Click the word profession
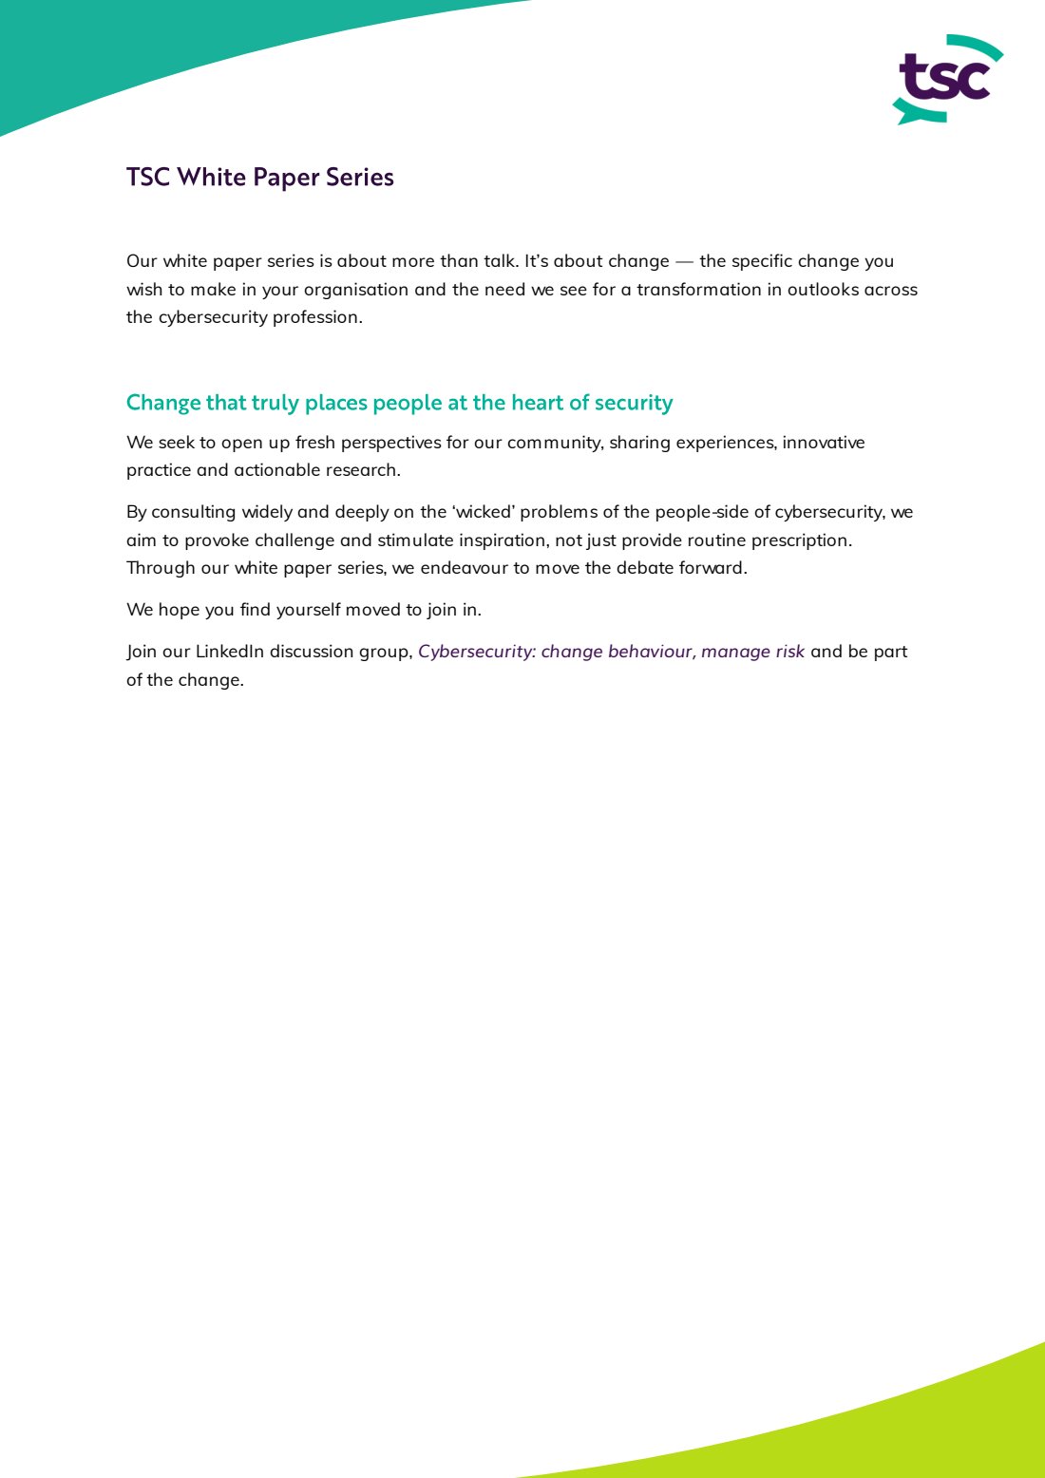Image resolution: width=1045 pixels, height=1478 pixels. (x=316, y=317)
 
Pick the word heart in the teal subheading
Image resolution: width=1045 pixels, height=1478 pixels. (x=537, y=403)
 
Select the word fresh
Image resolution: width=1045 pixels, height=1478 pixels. (x=315, y=443)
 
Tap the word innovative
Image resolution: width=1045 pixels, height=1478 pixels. (x=823, y=443)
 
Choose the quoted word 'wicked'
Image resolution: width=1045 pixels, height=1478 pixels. (x=484, y=512)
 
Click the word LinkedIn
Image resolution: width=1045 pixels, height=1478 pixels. (x=229, y=652)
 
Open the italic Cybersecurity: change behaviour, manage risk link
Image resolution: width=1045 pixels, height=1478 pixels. (x=611, y=652)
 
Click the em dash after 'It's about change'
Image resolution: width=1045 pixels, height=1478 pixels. (x=684, y=262)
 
